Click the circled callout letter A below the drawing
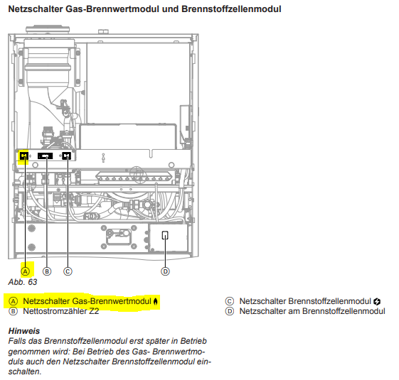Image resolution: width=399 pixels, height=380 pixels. (25, 271)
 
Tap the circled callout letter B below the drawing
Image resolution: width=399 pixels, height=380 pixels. (47, 271)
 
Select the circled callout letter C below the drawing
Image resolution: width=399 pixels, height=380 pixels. (68, 271)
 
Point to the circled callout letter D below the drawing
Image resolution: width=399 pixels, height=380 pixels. (166, 271)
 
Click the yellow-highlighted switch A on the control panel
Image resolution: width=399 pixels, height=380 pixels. (24, 156)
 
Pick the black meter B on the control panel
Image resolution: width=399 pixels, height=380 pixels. (45, 156)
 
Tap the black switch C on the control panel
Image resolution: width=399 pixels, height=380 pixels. (66, 156)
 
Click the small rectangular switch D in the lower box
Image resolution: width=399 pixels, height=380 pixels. (165, 235)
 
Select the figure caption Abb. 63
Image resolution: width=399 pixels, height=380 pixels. (23, 282)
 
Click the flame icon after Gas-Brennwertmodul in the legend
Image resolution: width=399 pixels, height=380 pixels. (156, 301)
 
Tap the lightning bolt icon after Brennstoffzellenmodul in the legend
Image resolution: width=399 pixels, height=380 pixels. (377, 302)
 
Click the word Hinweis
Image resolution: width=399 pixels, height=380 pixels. (24, 331)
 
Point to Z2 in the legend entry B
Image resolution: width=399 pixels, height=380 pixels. (94, 311)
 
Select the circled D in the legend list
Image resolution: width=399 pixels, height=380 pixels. (230, 311)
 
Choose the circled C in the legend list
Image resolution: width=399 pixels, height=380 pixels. (230, 301)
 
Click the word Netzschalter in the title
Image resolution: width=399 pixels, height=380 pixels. (36, 9)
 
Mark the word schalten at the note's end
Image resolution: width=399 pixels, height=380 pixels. (25, 371)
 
